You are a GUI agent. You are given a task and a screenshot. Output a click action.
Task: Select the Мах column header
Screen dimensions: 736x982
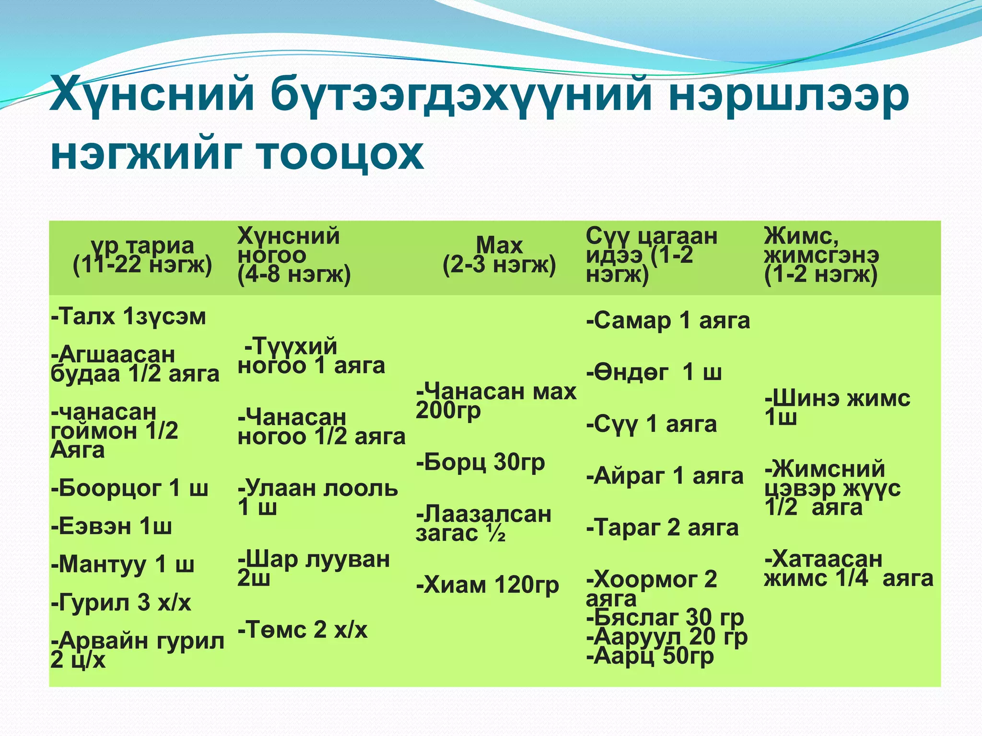click(x=499, y=255)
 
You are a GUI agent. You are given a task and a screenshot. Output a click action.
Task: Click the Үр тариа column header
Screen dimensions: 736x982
click(x=142, y=255)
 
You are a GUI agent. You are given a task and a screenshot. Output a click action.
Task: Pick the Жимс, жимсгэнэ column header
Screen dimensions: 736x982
click(x=821, y=255)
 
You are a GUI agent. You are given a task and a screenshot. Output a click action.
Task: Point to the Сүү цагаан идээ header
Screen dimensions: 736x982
click(x=651, y=255)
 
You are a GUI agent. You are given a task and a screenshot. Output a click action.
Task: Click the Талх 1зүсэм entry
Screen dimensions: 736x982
click(x=129, y=317)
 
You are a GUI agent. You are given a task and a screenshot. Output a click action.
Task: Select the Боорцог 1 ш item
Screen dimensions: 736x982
click(x=129, y=489)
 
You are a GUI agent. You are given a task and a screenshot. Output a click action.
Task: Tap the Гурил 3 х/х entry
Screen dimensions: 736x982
click(x=121, y=603)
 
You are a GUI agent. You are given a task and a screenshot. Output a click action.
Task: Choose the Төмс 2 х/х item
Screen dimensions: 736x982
click(x=303, y=630)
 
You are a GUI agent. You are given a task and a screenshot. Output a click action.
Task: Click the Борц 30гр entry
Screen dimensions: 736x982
click(x=480, y=462)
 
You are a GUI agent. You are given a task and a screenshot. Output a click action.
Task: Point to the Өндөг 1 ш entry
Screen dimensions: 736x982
click(x=654, y=372)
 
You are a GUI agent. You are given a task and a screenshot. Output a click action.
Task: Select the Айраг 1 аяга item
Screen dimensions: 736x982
click(x=665, y=476)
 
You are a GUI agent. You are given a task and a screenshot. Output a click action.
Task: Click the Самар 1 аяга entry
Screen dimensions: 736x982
click(x=668, y=321)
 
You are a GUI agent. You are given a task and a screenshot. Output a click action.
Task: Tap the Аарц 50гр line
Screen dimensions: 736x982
click(x=650, y=656)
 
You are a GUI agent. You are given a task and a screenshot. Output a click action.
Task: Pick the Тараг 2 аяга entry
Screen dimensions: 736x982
click(x=662, y=528)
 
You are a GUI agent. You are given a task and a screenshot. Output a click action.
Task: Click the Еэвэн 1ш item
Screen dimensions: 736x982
click(x=111, y=527)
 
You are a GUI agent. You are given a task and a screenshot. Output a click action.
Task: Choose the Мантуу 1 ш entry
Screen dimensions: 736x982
click(x=123, y=564)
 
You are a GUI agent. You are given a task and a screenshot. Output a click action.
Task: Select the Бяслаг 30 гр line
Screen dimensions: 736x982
click(x=665, y=618)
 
